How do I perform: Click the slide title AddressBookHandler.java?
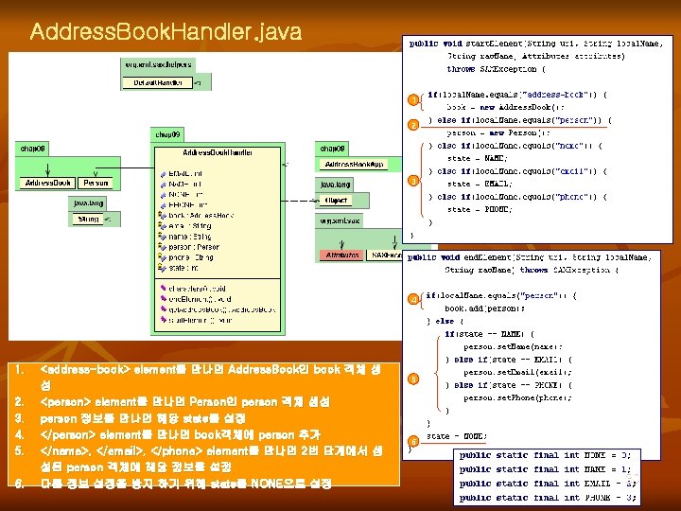coord(166,32)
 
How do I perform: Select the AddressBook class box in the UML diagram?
coord(47,182)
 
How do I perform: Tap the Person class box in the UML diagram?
coord(96,182)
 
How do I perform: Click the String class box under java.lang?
coord(88,219)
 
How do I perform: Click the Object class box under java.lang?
coord(336,201)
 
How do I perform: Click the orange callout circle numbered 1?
coord(412,99)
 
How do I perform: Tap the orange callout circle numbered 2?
coord(412,125)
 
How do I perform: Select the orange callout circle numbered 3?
coord(412,181)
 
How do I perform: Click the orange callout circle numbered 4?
coord(412,300)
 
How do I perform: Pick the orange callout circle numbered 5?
coord(412,379)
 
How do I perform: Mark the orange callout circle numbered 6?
coord(412,441)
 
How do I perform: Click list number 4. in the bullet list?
coord(20,433)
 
